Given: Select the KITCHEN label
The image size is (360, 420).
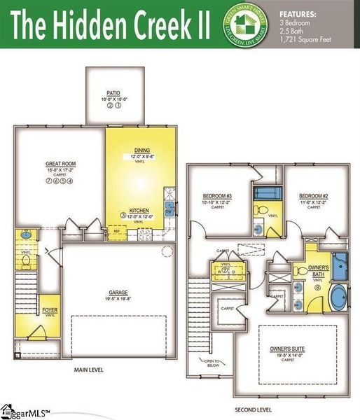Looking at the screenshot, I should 139,210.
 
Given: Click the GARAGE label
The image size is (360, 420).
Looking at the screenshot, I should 118,293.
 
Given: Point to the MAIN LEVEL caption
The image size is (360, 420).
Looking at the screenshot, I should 90,370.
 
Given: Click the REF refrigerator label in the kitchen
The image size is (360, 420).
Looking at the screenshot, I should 116,228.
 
